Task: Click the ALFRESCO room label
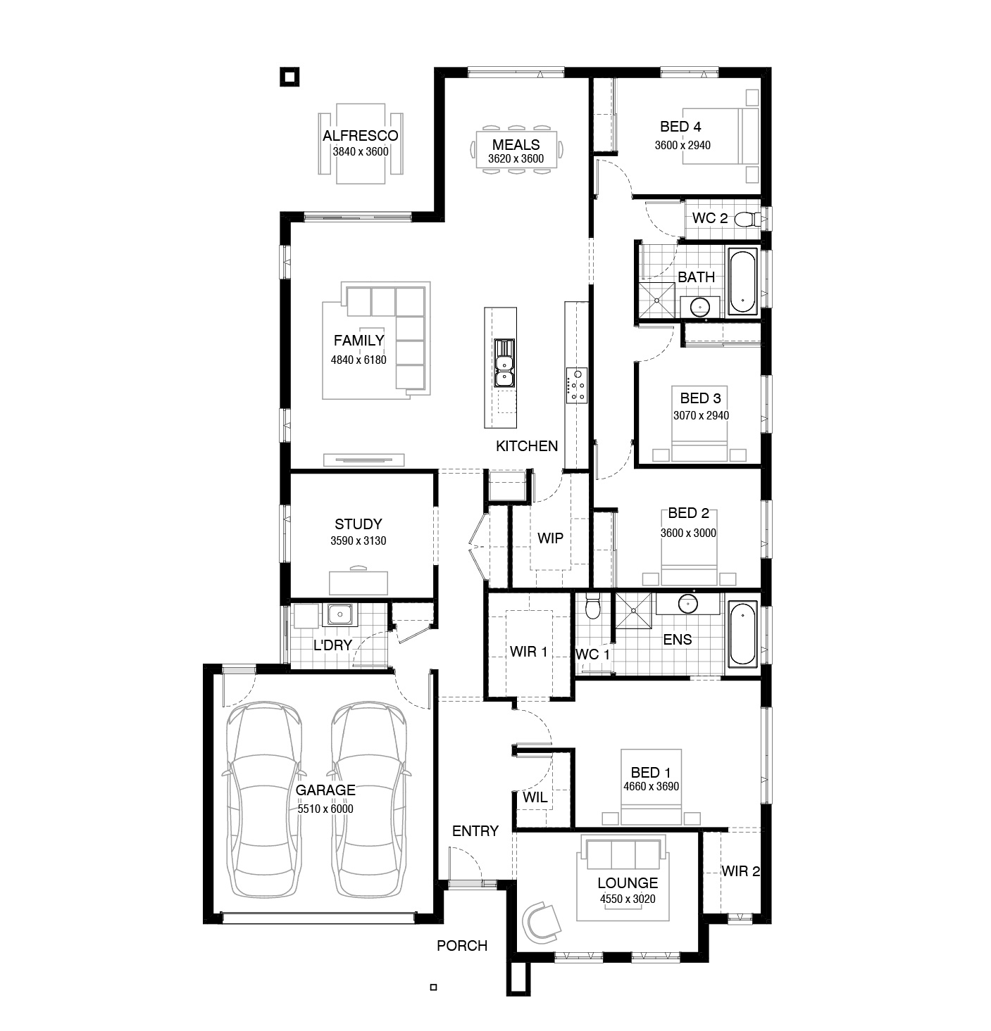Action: [x=360, y=136]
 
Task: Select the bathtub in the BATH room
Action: [x=742, y=282]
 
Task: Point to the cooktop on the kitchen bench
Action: [x=576, y=385]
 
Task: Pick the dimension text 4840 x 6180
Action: [x=359, y=360]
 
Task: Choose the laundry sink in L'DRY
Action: [x=340, y=614]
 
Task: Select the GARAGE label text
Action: [x=325, y=790]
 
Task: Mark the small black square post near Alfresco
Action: [x=289, y=77]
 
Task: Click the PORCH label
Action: [x=462, y=946]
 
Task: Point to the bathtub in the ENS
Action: [x=742, y=633]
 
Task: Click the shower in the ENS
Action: [x=633, y=611]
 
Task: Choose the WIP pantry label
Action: [x=550, y=538]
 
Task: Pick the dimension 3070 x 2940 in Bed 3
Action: [x=701, y=416]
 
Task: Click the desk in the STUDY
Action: [x=359, y=582]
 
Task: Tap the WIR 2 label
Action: [x=741, y=871]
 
